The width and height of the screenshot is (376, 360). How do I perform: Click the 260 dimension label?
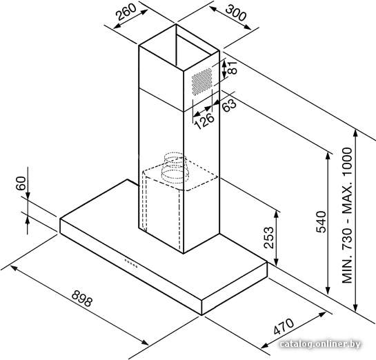tap(126, 12)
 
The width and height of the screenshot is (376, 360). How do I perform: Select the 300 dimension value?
tap(236, 13)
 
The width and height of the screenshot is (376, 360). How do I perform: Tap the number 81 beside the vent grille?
tap(232, 68)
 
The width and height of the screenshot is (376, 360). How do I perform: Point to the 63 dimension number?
tap(229, 106)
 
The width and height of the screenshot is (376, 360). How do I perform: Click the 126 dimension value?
tap(204, 121)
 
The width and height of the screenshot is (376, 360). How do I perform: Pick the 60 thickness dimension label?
tap(21, 183)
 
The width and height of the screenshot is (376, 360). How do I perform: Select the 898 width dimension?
tap(82, 298)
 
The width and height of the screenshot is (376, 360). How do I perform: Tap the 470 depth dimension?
tap(284, 326)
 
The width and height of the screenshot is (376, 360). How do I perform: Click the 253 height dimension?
tap(268, 237)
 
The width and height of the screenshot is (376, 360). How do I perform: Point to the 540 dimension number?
tap(321, 221)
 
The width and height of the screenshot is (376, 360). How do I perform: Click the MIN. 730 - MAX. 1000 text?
tap(347, 215)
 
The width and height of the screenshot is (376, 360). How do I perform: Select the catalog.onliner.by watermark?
tap(320, 344)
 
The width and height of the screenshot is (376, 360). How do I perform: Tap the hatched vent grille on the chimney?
tap(202, 81)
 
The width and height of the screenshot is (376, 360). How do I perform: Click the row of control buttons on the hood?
tap(130, 263)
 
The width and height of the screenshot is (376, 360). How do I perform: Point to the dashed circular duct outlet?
tap(175, 168)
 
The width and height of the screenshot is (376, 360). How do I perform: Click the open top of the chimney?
tap(179, 48)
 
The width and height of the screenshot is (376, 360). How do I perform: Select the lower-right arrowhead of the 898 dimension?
tap(145, 342)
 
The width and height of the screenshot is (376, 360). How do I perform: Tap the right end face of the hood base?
tap(235, 288)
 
